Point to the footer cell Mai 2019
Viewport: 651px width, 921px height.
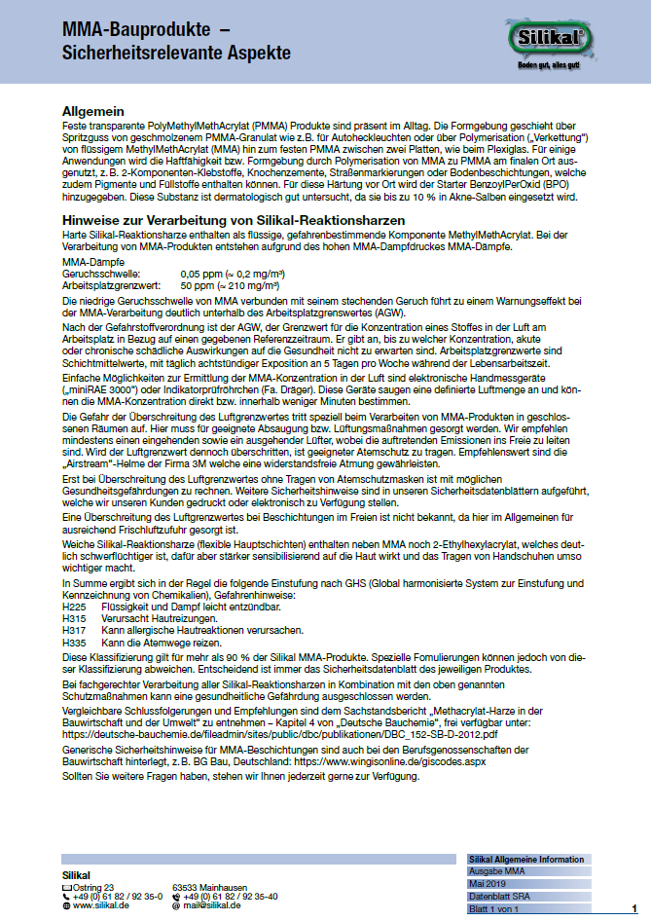(x=489, y=883)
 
